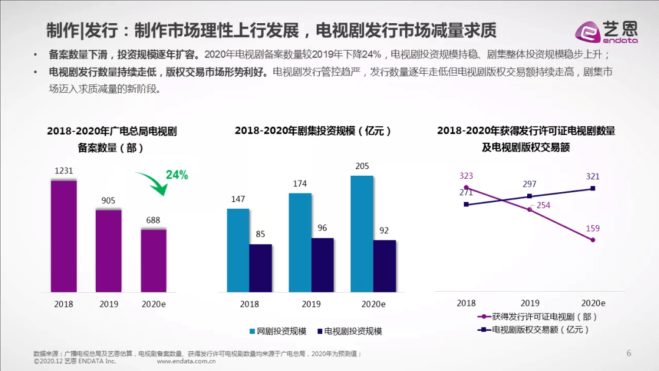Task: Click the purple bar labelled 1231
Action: [x=63, y=236]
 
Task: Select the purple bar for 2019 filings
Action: [x=109, y=250]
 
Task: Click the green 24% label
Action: [x=177, y=175]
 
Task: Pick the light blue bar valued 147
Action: [x=238, y=250]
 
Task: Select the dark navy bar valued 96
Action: [x=322, y=265]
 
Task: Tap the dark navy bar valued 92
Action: [x=384, y=266]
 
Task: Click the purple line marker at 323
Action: [x=466, y=188]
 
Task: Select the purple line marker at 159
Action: [x=592, y=240]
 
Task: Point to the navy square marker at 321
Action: [x=592, y=189]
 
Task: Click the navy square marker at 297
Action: [x=529, y=196]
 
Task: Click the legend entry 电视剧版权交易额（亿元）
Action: [x=534, y=330]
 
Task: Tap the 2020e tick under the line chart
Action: [x=592, y=303]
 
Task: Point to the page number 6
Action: [x=628, y=353]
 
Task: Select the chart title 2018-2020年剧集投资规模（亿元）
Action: [x=313, y=131]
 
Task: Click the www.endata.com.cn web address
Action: [x=187, y=361]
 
